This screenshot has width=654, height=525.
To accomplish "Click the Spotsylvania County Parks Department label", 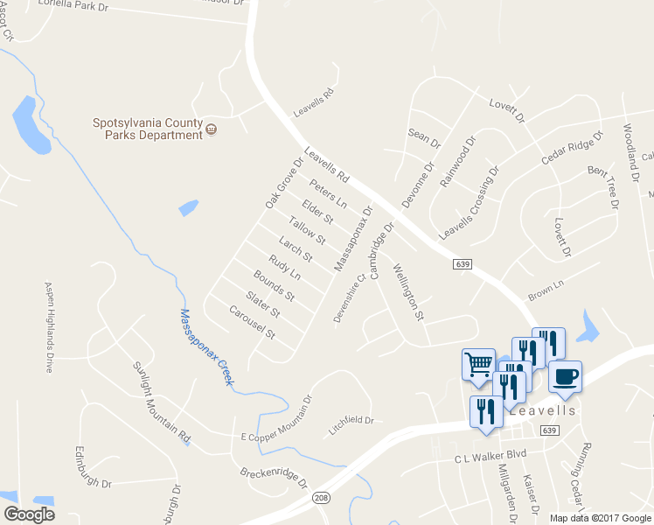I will pyautogui.click(x=148, y=129).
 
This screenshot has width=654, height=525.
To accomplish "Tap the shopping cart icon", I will pyautogui.click(x=477, y=363).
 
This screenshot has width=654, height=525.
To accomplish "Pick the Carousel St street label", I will pyautogui.click(x=252, y=323).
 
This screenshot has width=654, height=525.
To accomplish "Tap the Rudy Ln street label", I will pyautogui.click(x=284, y=267).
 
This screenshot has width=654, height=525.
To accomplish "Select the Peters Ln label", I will pyautogui.click(x=328, y=192).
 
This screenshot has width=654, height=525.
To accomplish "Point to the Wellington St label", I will pyautogui.click(x=408, y=292).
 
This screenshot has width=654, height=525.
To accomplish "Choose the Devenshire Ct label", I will pyautogui.click(x=349, y=299).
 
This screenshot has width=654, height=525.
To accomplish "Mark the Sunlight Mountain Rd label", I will pyautogui.click(x=161, y=402).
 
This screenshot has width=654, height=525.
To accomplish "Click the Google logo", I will pyautogui.click(x=29, y=514).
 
